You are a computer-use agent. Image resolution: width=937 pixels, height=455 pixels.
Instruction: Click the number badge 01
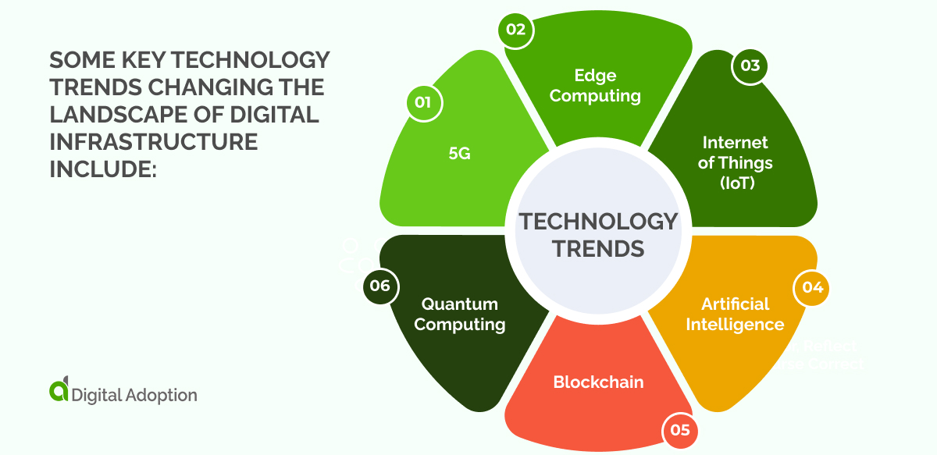pyautogui.click(x=423, y=102)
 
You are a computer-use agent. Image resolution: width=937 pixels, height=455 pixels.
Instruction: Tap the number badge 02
pyautogui.click(x=515, y=30)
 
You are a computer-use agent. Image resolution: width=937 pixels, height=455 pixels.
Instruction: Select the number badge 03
pyautogui.click(x=750, y=66)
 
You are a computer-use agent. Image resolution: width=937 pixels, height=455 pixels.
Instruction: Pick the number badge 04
pyautogui.click(x=812, y=287)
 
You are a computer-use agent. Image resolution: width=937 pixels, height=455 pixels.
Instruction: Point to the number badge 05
pyautogui.click(x=679, y=430)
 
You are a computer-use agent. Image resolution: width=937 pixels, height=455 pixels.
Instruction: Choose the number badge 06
pyautogui.click(x=380, y=286)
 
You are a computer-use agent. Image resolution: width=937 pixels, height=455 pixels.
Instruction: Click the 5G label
pyautogui.click(x=460, y=153)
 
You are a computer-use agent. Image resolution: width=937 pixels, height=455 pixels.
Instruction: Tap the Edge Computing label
pyautogui.click(x=595, y=86)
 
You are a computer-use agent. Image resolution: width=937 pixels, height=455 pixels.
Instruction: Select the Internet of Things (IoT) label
pyautogui.click(x=735, y=162)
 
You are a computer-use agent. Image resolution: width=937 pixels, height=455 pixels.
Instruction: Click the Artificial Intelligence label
pyautogui.click(x=735, y=314)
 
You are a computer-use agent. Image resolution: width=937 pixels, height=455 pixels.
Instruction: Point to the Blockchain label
pyautogui.click(x=598, y=382)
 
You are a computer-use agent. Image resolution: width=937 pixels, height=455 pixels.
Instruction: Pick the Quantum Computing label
pyautogui.click(x=460, y=314)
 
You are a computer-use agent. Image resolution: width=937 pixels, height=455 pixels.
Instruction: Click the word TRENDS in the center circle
pyautogui.click(x=598, y=249)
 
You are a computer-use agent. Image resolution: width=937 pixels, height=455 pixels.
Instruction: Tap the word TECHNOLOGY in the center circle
pyautogui.click(x=598, y=222)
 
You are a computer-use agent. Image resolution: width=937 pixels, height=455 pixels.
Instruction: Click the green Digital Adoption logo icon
pyautogui.click(x=59, y=393)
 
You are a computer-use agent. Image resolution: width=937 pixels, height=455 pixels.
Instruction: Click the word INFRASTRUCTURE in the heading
pyautogui.click(x=153, y=141)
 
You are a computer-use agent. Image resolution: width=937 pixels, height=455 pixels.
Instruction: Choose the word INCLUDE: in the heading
pyautogui.click(x=103, y=169)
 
